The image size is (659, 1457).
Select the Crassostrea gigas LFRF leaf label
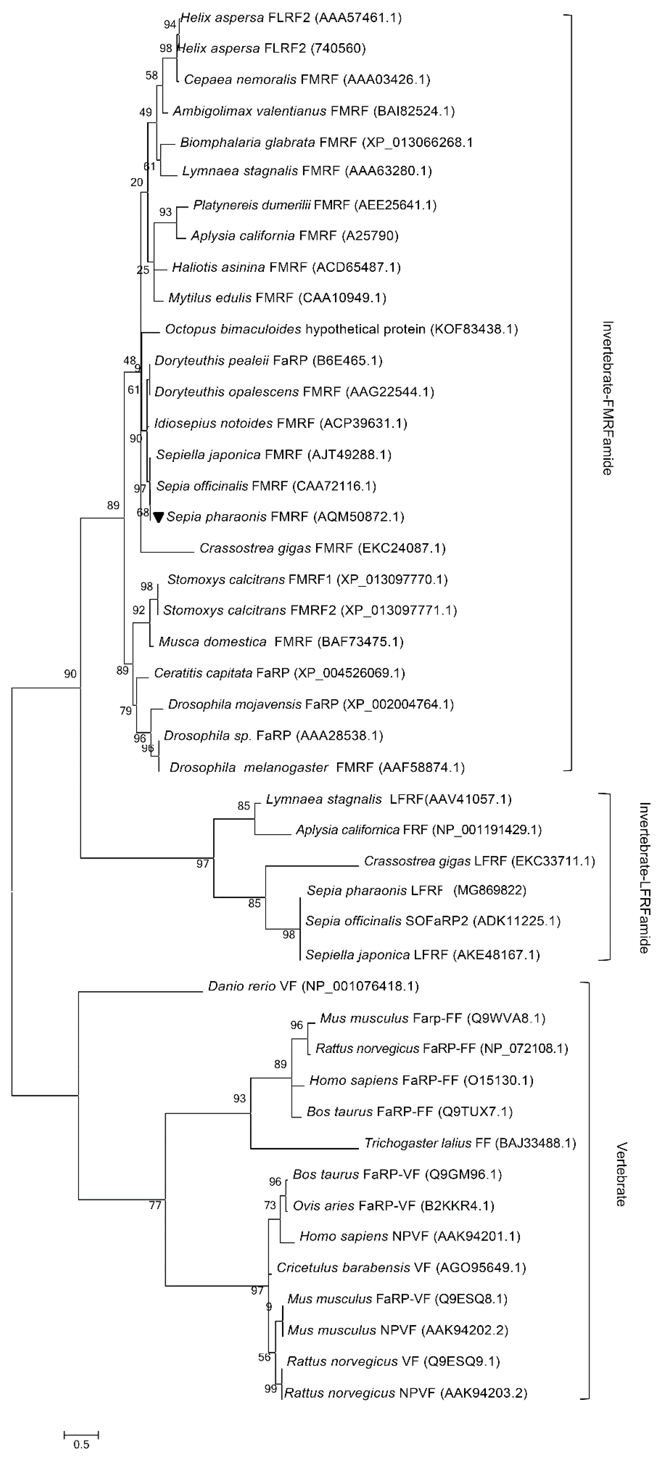click(479, 861)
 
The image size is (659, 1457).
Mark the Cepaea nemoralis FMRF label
click(307, 79)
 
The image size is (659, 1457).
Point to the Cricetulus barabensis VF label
click(401, 1268)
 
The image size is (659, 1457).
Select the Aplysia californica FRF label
click(418, 830)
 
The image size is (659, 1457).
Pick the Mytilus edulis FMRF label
click(277, 297)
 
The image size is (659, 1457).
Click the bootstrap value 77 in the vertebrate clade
click(155, 1205)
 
